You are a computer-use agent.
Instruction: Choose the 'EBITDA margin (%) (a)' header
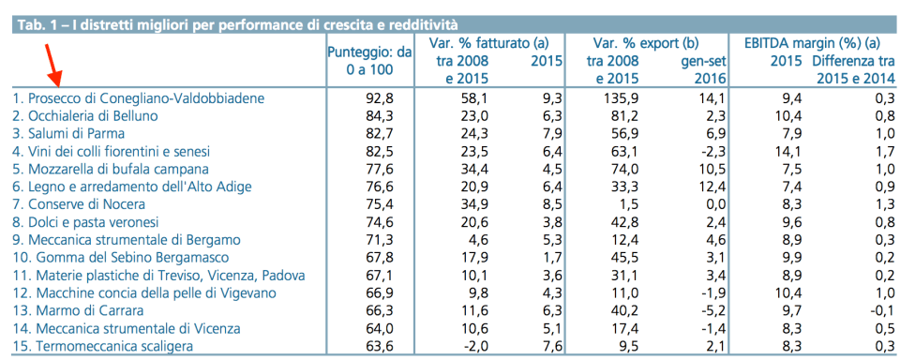click(x=812, y=44)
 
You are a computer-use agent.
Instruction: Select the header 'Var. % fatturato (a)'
click(x=487, y=44)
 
